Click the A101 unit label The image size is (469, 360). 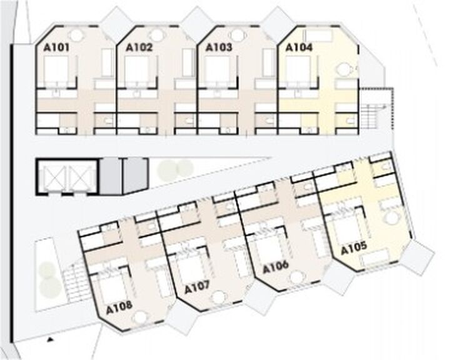point(56,47)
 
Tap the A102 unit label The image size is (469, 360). point(139,47)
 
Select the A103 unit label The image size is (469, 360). point(219,47)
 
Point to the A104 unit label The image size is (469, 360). point(299,47)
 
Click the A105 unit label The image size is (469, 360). point(354,248)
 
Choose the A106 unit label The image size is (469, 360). point(276,267)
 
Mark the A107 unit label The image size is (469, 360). point(197,287)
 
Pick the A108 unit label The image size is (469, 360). point(119,307)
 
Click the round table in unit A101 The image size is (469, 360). point(76,36)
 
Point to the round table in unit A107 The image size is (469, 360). point(219,297)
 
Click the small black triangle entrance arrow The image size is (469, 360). point(50,339)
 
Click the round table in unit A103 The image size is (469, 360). point(237,36)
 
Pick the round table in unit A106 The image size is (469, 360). point(296,277)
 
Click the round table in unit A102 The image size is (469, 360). point(157,36)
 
